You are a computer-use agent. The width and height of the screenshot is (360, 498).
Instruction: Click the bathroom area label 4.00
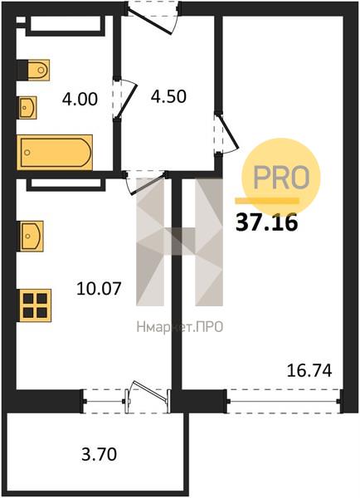coord(80,99)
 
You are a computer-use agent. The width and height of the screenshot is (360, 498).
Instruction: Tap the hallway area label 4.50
coord(168,96)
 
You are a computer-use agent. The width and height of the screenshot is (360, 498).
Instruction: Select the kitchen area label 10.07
coord(99,289)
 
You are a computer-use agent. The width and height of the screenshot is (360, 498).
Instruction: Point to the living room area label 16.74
coord(309,370)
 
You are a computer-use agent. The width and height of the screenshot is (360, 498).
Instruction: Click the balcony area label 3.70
coord(99,454)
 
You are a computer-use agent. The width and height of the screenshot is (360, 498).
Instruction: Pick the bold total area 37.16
coord(266,222)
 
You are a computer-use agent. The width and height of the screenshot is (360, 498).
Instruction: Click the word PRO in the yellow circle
coord(281,178)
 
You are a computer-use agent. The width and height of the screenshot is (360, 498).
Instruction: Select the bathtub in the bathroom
coord(55,153)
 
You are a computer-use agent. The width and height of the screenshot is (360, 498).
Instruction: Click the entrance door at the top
coord(153,17)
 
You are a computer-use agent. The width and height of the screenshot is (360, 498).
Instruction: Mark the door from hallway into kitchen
coord(146,182)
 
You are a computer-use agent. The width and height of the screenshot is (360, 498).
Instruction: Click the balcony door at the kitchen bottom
coord(148,397)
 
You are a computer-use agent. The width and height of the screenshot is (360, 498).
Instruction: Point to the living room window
coord(284,401)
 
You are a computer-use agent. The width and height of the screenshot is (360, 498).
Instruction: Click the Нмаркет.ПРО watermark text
coord(180,327)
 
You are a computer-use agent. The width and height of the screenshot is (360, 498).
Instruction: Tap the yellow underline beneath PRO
coord(266,200)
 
